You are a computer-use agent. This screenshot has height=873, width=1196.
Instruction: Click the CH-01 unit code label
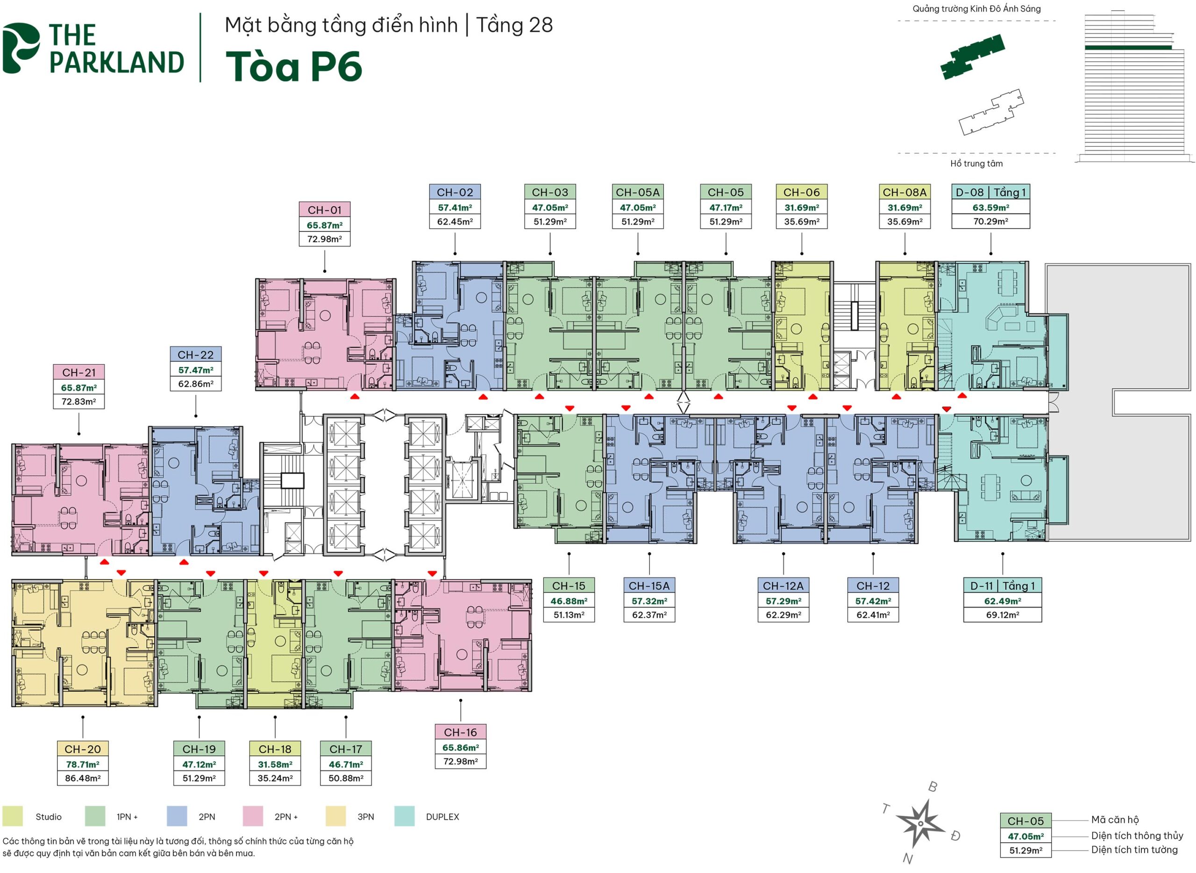324,210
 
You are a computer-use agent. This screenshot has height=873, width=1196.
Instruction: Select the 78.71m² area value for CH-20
82,764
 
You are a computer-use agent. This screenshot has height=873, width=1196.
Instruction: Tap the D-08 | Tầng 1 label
990,193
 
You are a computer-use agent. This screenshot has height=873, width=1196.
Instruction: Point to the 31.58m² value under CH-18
275,764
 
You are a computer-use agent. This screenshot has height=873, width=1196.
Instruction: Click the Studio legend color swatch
13,816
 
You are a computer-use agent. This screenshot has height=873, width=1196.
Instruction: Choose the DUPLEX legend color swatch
404,816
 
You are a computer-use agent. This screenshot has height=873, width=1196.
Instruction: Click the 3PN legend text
365,817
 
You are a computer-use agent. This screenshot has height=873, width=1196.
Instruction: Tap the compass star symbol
920,823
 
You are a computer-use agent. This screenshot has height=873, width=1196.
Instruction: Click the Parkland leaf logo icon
20,48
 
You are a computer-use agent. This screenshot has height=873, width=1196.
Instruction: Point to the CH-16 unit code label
460,732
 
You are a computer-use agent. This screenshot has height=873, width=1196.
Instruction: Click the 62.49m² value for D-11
1002,601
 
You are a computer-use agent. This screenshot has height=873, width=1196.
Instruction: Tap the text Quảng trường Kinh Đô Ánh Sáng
976,9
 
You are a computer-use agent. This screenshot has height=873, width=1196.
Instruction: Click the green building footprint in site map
972,56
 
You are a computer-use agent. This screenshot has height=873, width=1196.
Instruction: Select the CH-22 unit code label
195,355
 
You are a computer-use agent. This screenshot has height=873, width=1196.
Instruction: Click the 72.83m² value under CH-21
78,401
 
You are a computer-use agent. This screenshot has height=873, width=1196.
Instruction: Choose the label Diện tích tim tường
1134,850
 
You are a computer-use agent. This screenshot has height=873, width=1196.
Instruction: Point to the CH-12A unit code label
783,586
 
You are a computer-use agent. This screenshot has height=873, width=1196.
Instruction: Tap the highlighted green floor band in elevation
1128,48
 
